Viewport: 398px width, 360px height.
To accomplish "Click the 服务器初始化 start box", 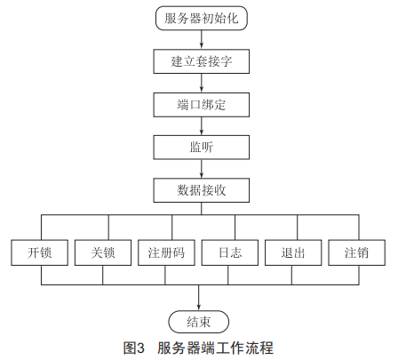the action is click(202, 18).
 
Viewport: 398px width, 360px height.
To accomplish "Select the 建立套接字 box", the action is click(202, 61).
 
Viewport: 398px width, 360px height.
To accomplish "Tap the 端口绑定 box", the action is click(202, 105).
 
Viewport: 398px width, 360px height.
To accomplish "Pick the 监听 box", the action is click(202, 148).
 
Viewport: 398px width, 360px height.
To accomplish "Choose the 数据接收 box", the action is click(202, 190).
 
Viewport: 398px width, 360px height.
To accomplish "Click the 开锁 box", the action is click(40, 252).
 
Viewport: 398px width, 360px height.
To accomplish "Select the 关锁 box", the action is click(103, 252).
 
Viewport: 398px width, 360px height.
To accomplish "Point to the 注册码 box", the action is click(166, 252).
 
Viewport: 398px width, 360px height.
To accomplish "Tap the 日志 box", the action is click(230, 252).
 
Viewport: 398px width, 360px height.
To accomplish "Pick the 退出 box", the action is click(293, 252).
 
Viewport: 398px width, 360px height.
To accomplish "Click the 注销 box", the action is click(357, 252).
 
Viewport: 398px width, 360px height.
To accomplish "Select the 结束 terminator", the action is click(199, 322).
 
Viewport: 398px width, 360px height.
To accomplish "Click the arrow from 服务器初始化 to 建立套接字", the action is click(202, 39).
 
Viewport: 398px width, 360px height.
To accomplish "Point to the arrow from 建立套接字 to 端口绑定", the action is click(202, 83).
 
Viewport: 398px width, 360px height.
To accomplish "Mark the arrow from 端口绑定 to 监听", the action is click(202, 125).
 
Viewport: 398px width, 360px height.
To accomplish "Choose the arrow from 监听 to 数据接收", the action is click(202, 169).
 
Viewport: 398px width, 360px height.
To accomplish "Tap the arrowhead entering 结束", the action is click(199, 308).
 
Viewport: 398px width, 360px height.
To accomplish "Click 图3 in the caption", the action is click(134, 348).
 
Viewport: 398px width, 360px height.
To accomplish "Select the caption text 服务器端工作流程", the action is click(215, 348).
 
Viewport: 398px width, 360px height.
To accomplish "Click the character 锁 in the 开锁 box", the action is click(46, 252).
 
